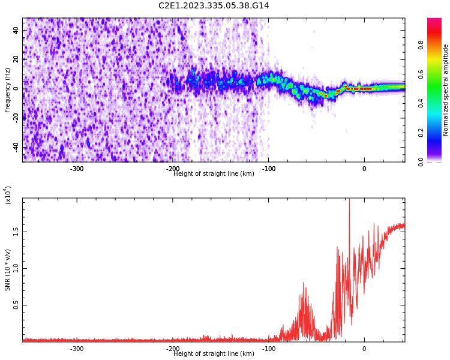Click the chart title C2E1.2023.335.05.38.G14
214,6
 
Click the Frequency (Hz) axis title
8,90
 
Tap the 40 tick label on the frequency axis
16,30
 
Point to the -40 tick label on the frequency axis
16,146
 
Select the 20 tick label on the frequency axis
16,59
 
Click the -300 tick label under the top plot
77,169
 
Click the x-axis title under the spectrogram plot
214,174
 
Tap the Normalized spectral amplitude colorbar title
446,90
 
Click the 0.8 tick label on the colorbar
421,45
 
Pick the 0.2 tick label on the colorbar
421,133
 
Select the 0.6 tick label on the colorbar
421,74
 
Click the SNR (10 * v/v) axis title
8,271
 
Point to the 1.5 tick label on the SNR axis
16,232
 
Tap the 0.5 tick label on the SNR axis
16,305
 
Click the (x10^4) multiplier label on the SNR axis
8,195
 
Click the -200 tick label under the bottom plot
173,349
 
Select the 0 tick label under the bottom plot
364,349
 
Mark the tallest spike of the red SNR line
349,200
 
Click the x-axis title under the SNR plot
214,354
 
